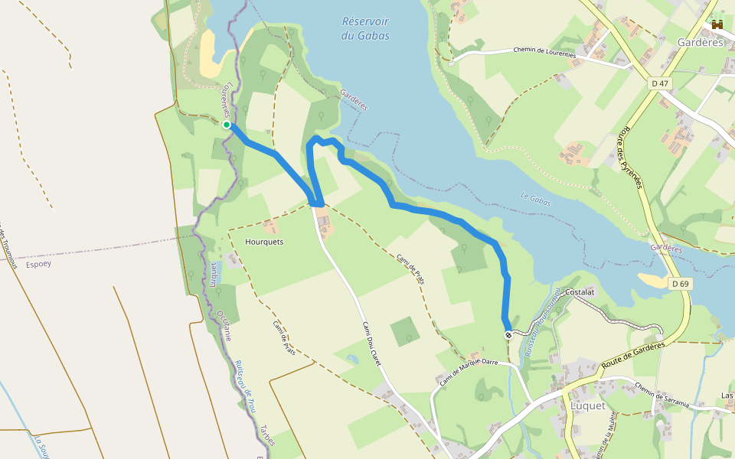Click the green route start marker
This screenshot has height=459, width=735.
227,125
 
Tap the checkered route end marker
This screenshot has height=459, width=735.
508,335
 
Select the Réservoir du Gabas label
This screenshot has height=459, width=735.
365,29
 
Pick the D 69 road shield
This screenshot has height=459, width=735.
681,284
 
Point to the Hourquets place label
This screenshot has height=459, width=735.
264,242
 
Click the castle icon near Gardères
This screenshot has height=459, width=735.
717,25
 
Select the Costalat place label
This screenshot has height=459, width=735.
580,292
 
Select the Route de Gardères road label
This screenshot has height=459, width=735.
633,355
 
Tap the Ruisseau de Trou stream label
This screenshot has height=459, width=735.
244,386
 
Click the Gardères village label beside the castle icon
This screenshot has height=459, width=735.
700,42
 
